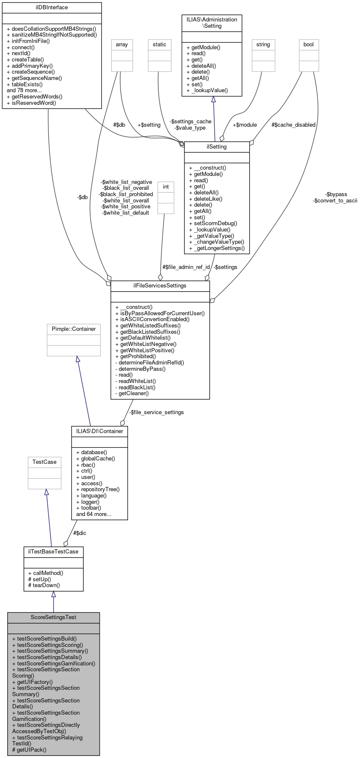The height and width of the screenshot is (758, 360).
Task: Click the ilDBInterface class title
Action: (x=52, y=8)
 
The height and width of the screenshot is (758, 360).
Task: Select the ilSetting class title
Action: (x=217, y=147)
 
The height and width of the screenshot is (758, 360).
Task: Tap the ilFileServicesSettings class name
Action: (x=160, y=286)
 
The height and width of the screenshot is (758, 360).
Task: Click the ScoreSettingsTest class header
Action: (x=53, y=617)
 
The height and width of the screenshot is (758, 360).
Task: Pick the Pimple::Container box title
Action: (x=74, y=329)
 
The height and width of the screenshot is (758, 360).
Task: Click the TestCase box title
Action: (x=45, y=462)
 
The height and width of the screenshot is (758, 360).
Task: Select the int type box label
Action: (x=166, y=187)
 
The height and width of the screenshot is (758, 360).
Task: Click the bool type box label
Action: (x=309, y=45)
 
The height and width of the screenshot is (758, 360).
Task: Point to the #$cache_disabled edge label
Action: (x=293, y=125)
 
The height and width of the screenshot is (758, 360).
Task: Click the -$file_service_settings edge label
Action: (x=156, y=412)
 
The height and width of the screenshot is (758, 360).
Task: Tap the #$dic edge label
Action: (x=80, y=533)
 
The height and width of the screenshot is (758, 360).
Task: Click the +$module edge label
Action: (x=245, y=125)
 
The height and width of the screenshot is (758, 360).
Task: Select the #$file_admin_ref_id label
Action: (x=186, y=267)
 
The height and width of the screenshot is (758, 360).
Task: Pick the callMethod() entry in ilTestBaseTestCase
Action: (x=48, y=573)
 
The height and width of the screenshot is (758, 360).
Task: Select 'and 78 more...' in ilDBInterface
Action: (x=24, y=90)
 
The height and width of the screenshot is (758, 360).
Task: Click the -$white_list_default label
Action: (x=125, y=213)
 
